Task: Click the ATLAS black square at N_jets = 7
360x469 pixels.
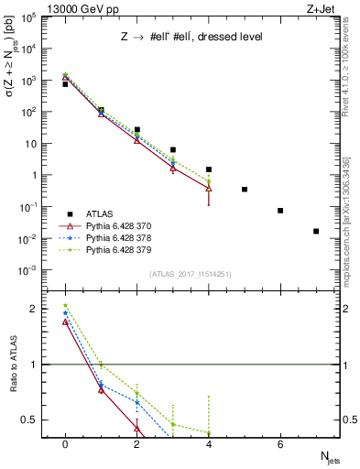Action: (x=316, y=231)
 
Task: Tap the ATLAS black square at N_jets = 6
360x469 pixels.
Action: (x=280, y=211)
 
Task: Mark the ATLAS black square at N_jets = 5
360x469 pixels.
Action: (x=245, y=190)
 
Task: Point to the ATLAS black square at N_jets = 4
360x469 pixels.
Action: (x=209, y=169)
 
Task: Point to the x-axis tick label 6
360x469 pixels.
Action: (x=280, y=444)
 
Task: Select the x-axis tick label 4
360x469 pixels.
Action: (x=209, y=444)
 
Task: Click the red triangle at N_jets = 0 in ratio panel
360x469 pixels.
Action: (x=65, y=322)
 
